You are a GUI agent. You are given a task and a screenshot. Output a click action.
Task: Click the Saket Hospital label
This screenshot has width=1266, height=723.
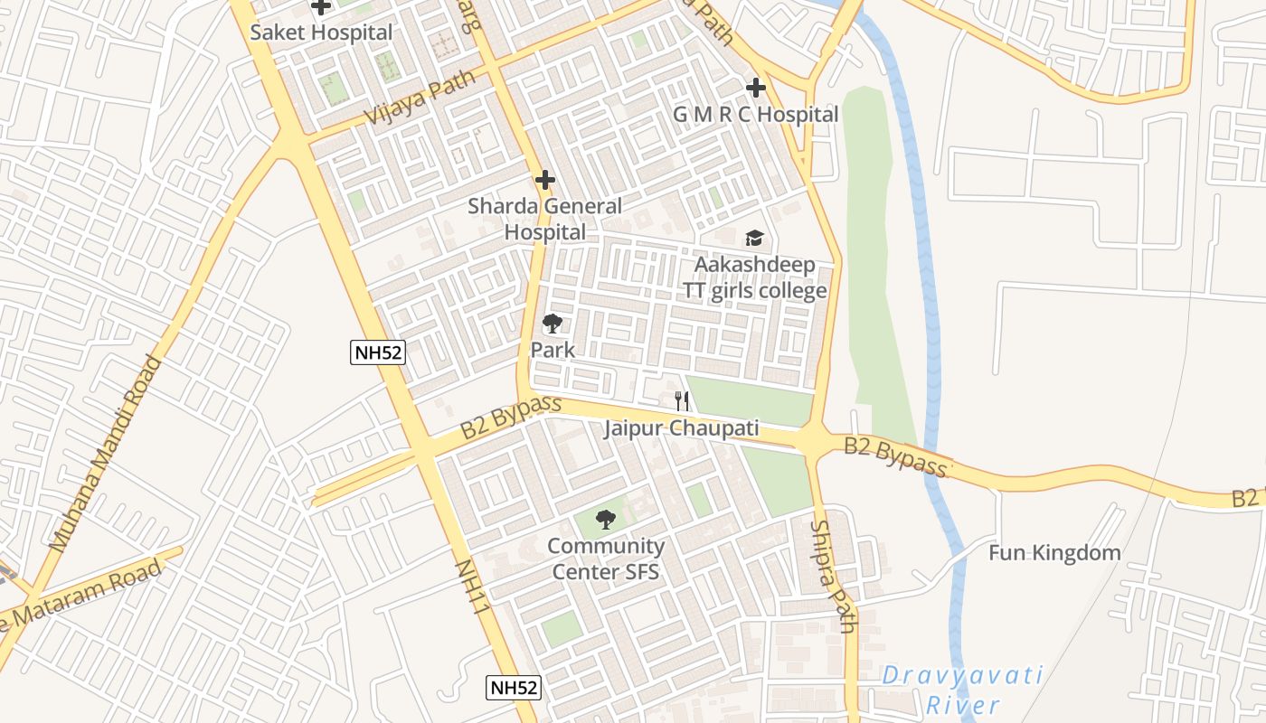[321, 33]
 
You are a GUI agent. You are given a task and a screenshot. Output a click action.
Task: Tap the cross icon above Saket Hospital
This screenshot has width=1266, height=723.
[321, 8]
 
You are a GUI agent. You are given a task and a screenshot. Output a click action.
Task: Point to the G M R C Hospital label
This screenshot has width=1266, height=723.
[756, 115]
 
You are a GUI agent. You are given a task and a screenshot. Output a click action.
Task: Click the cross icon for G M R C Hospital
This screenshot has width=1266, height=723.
[756, 88]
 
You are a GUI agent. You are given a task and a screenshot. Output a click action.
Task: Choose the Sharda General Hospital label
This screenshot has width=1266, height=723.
[544, 219]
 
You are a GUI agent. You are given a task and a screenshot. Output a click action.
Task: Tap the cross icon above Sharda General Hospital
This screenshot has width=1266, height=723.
[544, 180]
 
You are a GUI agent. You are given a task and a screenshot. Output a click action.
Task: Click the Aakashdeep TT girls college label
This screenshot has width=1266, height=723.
[754, 277]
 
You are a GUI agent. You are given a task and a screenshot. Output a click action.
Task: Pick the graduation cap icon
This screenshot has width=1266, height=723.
[754, 239]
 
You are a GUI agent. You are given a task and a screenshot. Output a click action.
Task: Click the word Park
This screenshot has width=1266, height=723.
[553, 350]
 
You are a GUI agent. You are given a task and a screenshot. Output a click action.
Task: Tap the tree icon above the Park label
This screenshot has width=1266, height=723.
[552, 324]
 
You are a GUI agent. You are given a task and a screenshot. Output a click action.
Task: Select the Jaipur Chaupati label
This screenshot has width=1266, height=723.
[681, 428]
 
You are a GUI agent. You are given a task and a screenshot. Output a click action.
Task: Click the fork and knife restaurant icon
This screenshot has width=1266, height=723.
[682, 401]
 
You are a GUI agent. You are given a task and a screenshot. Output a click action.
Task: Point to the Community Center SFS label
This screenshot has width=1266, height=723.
[605, 559]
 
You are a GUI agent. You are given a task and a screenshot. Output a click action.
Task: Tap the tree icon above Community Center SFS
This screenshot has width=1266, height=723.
[605, 520]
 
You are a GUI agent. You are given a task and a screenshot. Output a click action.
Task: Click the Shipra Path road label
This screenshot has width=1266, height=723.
[832, 577]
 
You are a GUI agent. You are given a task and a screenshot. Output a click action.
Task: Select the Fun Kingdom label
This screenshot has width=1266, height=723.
[1053, 552]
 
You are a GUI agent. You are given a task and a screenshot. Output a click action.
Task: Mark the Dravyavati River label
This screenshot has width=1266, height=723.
[962, 690]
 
